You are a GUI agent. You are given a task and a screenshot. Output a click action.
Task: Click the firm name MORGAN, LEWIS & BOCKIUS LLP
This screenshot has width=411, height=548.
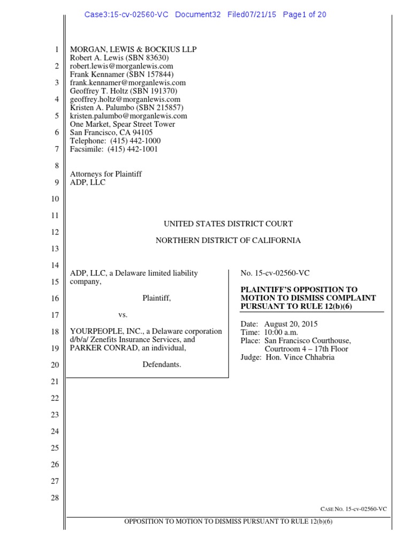click(133, 50)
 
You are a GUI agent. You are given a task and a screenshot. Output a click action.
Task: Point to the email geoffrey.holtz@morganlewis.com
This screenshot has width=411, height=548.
click(125, 100)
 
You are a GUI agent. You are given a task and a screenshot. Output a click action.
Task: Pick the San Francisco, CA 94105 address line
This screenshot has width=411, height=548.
click(111, 133)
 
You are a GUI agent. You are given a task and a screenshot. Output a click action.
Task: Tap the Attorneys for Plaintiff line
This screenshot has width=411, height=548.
click(106, 174)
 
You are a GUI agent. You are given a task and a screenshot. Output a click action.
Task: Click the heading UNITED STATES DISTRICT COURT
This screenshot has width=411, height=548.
click(228, 224)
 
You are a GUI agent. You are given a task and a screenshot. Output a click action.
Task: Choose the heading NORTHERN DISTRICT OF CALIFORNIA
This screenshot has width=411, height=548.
click(228, 240)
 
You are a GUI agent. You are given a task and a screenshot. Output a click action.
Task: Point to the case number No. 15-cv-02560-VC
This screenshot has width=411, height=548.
click(275, 273)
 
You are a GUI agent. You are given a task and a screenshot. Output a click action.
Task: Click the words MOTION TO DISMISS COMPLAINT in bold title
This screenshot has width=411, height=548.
click(308, 298)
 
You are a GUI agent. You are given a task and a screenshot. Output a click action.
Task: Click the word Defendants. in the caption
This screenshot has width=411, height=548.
click(162, 365)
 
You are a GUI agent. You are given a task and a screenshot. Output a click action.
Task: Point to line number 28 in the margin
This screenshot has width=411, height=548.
click(56, 498)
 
